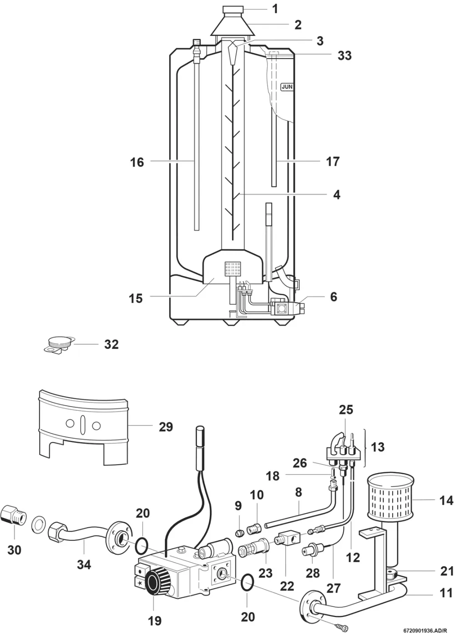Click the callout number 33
(x=344, y=55)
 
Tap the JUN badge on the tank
(x=286, y=87)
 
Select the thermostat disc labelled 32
(x=59, y=346)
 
